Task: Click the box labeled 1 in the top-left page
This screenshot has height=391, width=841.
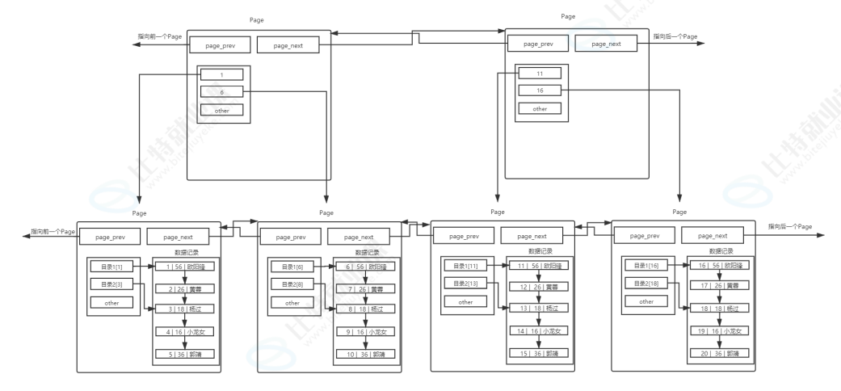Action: pyautogui.click(x=221, y=75)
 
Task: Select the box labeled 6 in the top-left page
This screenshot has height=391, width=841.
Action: pyautogui.click(x=221, y=92)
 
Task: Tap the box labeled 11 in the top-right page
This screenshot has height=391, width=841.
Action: pyautogui.click(x=540, y=73)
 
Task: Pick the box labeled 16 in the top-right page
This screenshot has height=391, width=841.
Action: pyautogui.click(x=540, y=90)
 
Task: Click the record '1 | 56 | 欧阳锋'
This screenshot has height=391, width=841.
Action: pyautogui.click(x=185, y=266)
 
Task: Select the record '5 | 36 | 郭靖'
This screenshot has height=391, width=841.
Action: pyautogui.click(x=185, y=353)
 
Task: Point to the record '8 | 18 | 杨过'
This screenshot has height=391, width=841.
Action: pyautogui.click(x=366, y=309)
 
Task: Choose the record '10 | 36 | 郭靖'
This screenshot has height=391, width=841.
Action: pyautogui.click(x=366, y=354)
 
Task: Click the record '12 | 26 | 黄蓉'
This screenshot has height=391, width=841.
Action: pyautogui.click(x=539, y=288)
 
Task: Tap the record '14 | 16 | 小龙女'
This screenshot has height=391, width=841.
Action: pyautogui.click(x=539, y=331)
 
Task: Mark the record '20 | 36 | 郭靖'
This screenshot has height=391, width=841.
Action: pyautogui.click(x=720, y=354)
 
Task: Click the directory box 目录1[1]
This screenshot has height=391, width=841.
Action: pyautogui.click(x=111, y=266)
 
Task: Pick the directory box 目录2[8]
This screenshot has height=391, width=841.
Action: pyautogui.click(x=292, y=284)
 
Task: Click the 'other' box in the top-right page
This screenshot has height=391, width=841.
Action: pyautogui.click(x=540, y=108)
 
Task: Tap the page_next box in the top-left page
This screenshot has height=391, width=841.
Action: pyautogui.click(x=288, y=45)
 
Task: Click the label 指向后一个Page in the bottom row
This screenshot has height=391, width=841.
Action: pyautogui.click(x=790, y=227)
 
